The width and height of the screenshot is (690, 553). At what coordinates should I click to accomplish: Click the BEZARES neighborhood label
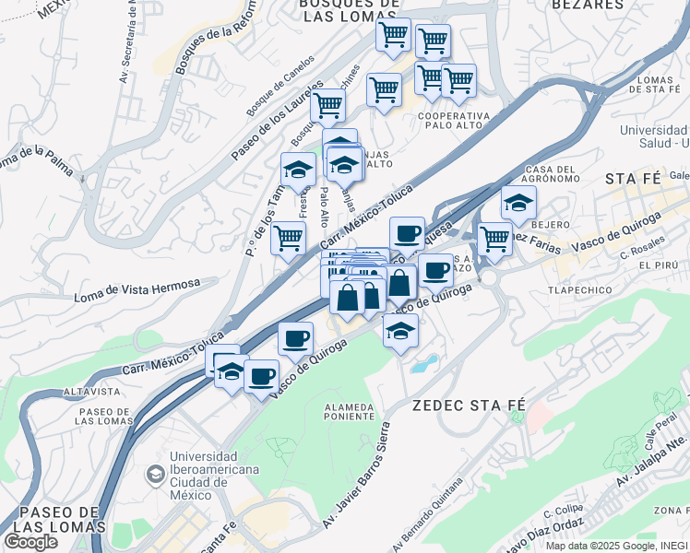pos(588,5)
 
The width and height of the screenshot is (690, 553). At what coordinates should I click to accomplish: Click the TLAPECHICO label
pos(579,289)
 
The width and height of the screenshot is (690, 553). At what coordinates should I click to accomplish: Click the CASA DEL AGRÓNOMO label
pos(551,175)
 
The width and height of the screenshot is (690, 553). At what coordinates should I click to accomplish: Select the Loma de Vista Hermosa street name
pos(137,291)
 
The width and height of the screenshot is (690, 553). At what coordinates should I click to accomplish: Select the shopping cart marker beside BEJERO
pos(495,238)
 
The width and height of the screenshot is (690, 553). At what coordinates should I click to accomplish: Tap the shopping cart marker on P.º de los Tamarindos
pos(288,238)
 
